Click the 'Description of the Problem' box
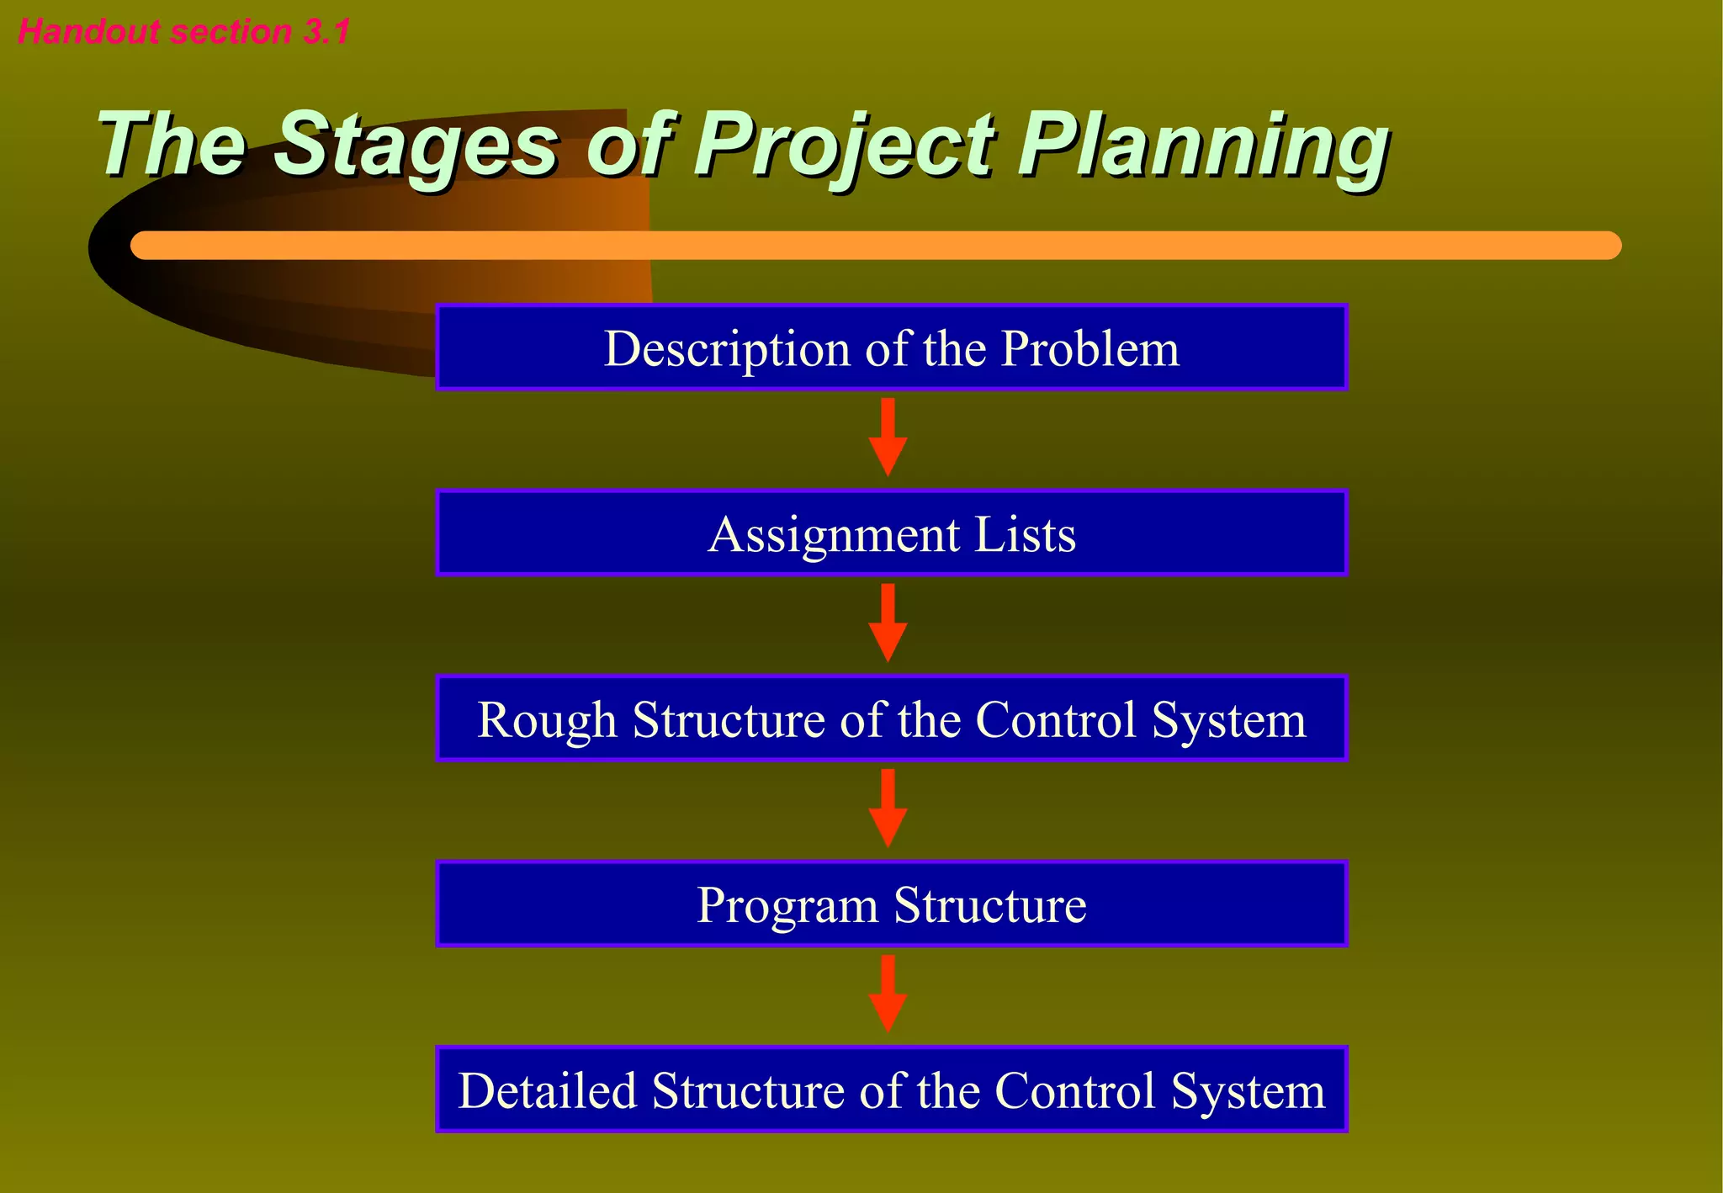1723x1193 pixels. [x=891, y=347]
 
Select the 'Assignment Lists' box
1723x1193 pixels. [x=891, y=533]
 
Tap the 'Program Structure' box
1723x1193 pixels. [x=891, y=904]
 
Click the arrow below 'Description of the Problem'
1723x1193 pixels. [x=888, y=437]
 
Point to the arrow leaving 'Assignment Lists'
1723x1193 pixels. [x=888, y=623]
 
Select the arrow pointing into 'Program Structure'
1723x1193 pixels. [x=888, y=809]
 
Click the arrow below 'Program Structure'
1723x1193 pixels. [x=888, y=994]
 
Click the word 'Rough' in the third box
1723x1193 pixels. [x=547, y=720]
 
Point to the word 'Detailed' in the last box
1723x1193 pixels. [x=547, y=1091]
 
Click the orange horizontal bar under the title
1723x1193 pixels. [x=875, y=246]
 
